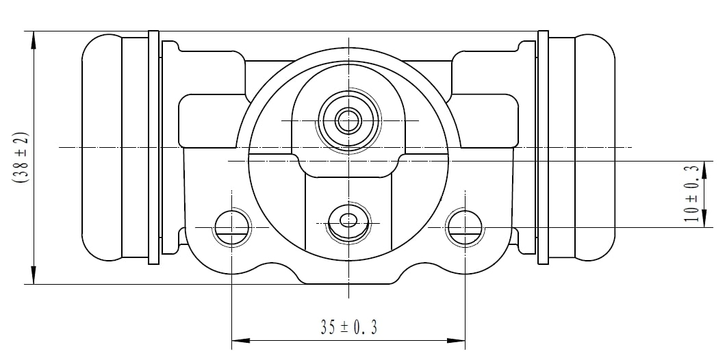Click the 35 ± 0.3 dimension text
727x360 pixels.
tap(348, 328)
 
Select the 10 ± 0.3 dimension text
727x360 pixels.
tap(692, 194)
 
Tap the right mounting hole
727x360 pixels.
tap(465, 227)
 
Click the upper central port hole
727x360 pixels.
tap(348, 121)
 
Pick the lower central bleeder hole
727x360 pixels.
tap(348, 220)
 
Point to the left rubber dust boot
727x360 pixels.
tap(102, 147)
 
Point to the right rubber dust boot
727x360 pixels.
tap(594, 147)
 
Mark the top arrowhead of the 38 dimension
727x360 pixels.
tap(33, 37)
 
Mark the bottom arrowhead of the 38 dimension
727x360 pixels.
tap(33, 277)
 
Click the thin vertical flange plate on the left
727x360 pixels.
tap(153, 147)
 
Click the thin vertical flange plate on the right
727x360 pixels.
tap(544, 147)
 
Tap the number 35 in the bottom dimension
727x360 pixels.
tap(328, 328)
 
